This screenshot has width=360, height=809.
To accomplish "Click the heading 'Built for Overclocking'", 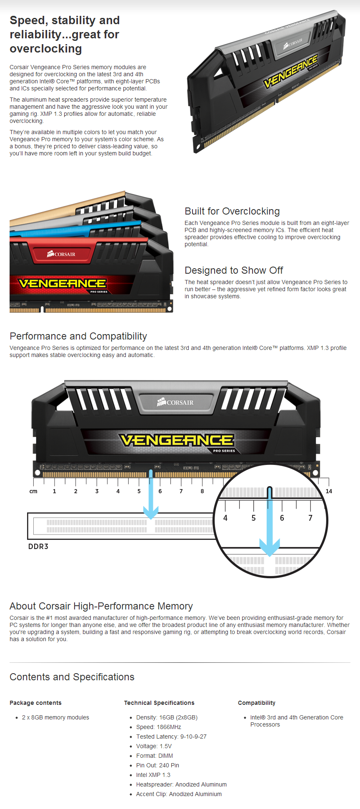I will tap(232, 211).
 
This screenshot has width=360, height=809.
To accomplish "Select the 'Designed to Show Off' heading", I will tap(234, 270).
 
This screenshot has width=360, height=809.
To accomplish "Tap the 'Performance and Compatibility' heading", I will tap(78, 336).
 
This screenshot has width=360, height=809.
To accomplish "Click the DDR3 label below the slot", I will tap(38, 546).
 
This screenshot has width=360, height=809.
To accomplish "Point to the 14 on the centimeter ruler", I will tap(329, 491).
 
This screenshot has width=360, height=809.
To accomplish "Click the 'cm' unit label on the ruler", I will tap(33, 491).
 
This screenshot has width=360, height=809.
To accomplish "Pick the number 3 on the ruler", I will tap(97, 491).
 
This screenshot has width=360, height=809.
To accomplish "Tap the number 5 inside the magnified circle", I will tap(253, 518).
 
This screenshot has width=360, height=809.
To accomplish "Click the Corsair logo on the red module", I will tap(61, 254).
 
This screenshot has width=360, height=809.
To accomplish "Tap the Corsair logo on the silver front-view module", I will tap(175, 402).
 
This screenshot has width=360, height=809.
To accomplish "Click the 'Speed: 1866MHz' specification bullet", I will tap(158, 727).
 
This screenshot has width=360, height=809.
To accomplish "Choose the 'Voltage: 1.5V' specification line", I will tap(154, 746).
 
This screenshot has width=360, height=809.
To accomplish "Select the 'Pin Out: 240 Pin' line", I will tap(157, 765).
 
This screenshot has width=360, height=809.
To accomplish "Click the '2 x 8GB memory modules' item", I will tap(55, 717).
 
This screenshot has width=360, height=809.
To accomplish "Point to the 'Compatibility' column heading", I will tap(257, 703).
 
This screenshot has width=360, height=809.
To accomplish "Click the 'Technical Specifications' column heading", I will tap(159, 703).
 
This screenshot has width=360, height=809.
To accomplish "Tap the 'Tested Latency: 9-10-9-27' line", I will tap(171, 737).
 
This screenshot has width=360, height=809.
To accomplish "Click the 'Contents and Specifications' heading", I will tap(72, 677).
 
